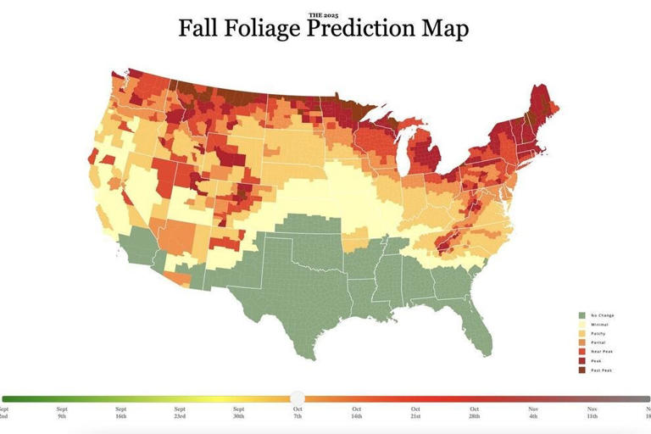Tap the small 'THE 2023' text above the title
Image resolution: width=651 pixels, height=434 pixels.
click(323, 15)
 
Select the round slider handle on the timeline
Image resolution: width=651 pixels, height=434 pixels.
click(298, 398)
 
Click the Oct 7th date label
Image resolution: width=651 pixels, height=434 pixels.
click(298, 414)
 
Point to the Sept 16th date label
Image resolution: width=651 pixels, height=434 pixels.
click(121, 414)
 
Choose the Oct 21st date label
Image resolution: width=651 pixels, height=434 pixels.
click(415, 414)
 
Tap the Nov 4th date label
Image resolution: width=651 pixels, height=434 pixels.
click(533, 414)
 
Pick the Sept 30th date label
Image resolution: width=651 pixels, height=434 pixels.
click(239, 414)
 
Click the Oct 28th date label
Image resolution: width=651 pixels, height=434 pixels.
click(474, 414)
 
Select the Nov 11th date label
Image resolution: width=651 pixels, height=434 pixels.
click(592, 414)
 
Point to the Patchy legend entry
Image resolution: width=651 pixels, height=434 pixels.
click(594, 333)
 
